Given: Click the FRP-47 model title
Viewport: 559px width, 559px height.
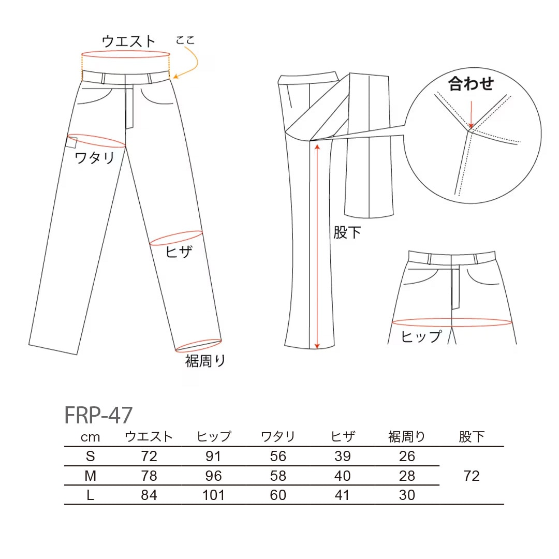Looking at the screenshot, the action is pos(98,415).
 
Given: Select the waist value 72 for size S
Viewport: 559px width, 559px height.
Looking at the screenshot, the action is pos(149,457).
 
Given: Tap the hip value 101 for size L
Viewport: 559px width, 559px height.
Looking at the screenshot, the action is pos(213,495).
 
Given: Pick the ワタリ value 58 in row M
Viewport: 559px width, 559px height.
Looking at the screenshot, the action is pos(278,476).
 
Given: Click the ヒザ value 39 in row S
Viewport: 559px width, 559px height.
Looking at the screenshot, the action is pos(342,457).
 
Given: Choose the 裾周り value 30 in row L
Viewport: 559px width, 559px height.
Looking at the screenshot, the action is pos(407,495).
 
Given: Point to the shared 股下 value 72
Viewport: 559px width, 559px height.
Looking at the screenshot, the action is pos(472,476).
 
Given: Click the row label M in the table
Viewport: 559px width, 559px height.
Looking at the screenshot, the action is pos(90,476).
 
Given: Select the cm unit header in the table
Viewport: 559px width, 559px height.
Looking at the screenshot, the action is pos(90,437).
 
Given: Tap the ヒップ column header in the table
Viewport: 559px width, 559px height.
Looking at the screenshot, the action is pos(214,436).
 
